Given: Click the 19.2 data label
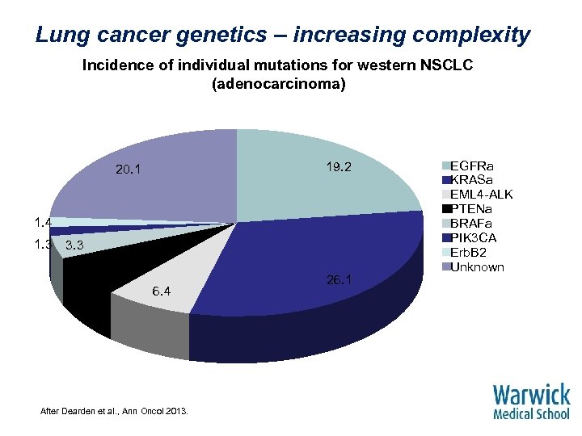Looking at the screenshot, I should click(339, 167).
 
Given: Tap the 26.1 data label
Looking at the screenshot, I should click(339, 281).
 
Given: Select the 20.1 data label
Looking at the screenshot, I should click(129, 170).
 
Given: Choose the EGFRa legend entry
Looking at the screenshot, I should click(476, 166).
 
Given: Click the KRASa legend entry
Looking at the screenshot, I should click(476, 179).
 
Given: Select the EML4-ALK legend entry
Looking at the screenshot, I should click(481, 194).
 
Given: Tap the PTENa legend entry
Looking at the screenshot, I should click(476, 208).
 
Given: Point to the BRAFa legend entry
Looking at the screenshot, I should click(476, 223).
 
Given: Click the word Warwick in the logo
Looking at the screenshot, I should click(531, 395).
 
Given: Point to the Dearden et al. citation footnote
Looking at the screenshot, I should click(114, 412).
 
